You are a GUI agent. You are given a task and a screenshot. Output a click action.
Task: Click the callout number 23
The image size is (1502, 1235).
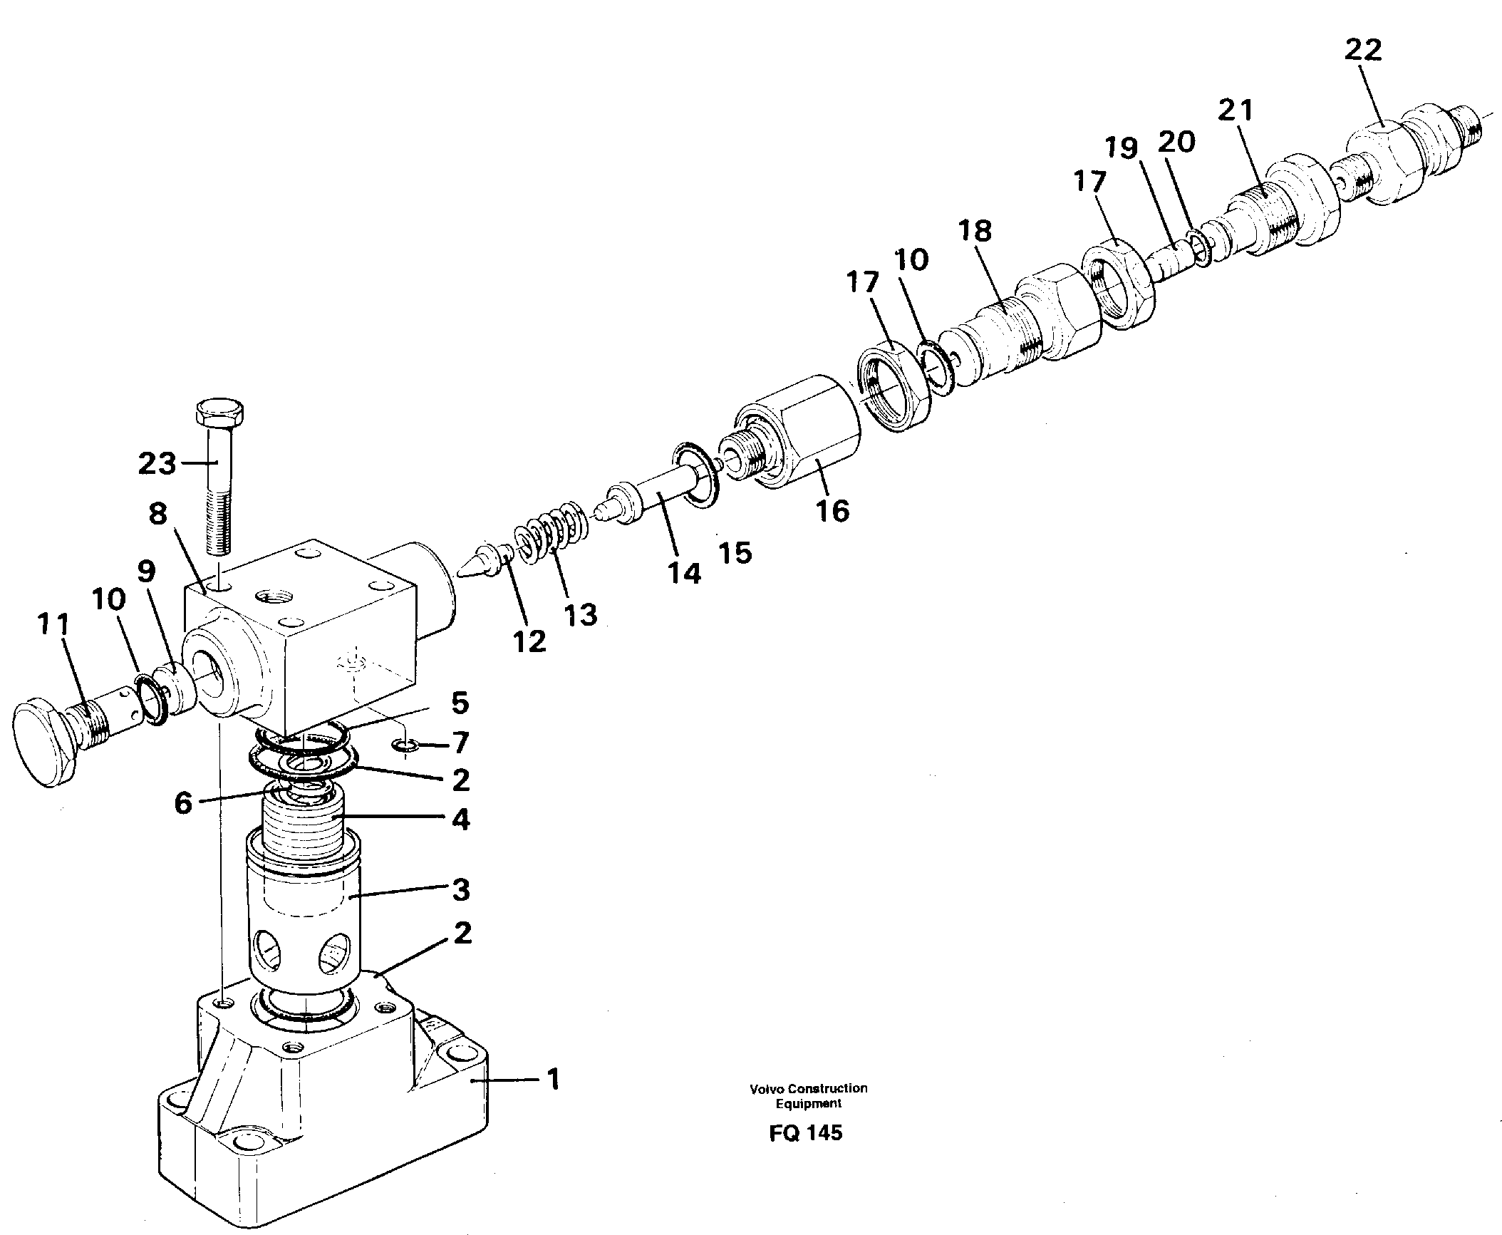point(157,464)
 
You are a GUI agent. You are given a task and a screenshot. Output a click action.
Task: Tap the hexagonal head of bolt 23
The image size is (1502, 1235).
point(219,413)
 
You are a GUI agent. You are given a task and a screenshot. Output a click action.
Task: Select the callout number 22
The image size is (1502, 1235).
point(1363,50)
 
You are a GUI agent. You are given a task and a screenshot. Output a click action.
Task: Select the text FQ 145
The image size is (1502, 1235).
point(806,1152)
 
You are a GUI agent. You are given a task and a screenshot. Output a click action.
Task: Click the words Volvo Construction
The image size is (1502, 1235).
point(808,1108)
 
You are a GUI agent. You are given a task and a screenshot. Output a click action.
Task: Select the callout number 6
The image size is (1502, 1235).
point(182,803)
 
